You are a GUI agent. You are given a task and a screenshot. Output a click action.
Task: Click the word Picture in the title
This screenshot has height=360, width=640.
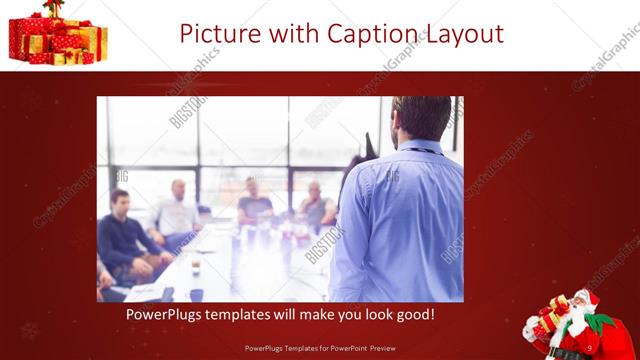(x=222, y=35)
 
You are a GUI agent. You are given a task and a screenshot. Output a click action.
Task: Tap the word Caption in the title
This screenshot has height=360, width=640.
(x=368, y=35)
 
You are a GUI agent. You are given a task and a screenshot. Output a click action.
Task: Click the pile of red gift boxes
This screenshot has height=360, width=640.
(x=57, y=38)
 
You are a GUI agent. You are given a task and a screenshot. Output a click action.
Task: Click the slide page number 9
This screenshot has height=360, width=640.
(x=590, y=348)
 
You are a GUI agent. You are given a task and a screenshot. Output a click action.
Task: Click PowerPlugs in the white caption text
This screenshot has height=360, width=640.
(x=164, y=315)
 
